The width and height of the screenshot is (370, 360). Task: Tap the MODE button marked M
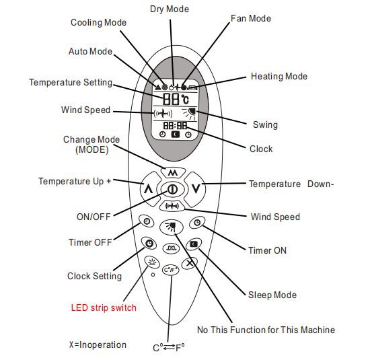[173, 172]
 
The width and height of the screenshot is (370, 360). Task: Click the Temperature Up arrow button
[149, 189]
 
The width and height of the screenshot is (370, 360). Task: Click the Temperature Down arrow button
[195, 189]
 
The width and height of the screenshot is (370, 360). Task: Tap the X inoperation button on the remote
[190, 262]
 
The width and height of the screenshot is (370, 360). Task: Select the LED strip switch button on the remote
[152, 262]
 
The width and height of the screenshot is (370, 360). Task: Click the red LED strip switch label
[104, 308]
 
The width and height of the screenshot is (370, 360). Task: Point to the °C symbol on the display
[185, 99]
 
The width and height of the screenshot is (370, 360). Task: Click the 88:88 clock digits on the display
[175, 125]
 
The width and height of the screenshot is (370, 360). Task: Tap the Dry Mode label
[170, 9]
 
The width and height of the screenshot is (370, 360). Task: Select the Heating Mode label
[279, 76]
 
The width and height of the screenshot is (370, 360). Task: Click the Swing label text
[265, 124]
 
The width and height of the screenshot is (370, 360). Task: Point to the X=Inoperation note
[98, 345]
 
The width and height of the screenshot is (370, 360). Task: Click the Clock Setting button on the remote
[149, 244]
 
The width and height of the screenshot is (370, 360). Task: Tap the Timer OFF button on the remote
[147, 221]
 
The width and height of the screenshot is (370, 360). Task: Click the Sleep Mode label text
[272, 295]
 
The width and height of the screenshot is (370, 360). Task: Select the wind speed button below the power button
[172, 206]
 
